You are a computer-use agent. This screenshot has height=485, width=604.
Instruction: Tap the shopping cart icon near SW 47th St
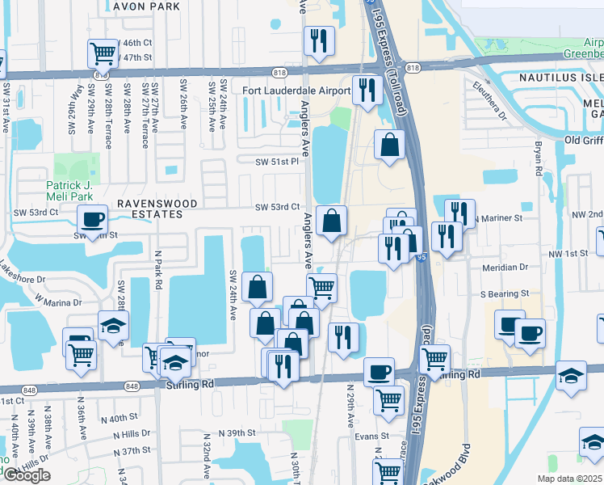(x=103, y=53)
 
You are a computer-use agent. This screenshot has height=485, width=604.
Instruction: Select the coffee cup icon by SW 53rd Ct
(x=93, y=218)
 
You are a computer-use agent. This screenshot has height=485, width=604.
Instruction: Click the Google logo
(x=26, y=475)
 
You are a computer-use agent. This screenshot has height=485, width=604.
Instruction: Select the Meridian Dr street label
(x=505, y=265)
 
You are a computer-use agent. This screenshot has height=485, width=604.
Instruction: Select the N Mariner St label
(x=498, y=218)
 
